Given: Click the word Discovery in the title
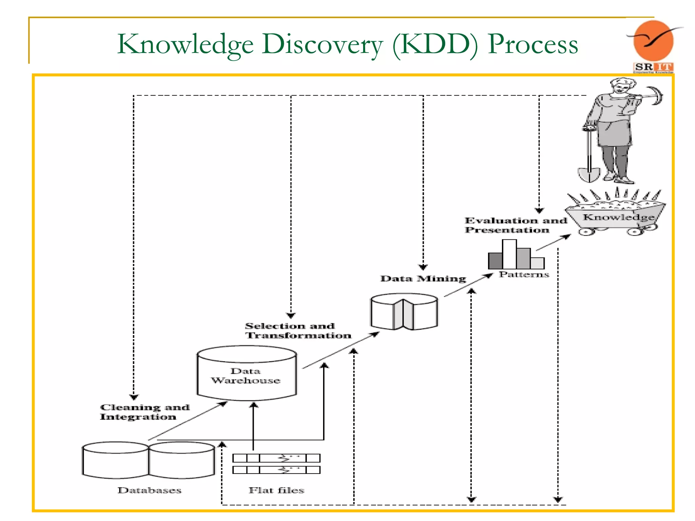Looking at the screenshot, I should click(x=322, y=45).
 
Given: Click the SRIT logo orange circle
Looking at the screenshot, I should click(x=653, y=41).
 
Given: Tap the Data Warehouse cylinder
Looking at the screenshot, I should click(x=247, y=373).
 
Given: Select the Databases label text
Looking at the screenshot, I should click(x=149, y=490).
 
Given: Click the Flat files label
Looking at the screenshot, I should click(x=276, y=490).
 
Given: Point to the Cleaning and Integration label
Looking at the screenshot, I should click(x=144, y=412).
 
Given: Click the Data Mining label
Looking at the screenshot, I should click(x=423, y=279).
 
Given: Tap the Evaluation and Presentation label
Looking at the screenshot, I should click(x=515, y=225).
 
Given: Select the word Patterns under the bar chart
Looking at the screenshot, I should click(x=524, y=274).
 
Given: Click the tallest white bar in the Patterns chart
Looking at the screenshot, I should click(x=509, y=254).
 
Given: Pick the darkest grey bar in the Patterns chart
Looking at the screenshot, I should click(x=495, y=261).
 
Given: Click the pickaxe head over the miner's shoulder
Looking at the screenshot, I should click(x=657, y=95).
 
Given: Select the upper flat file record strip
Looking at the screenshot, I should click(x=276, y=458).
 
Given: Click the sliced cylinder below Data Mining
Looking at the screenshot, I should click(x=404, y=312).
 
